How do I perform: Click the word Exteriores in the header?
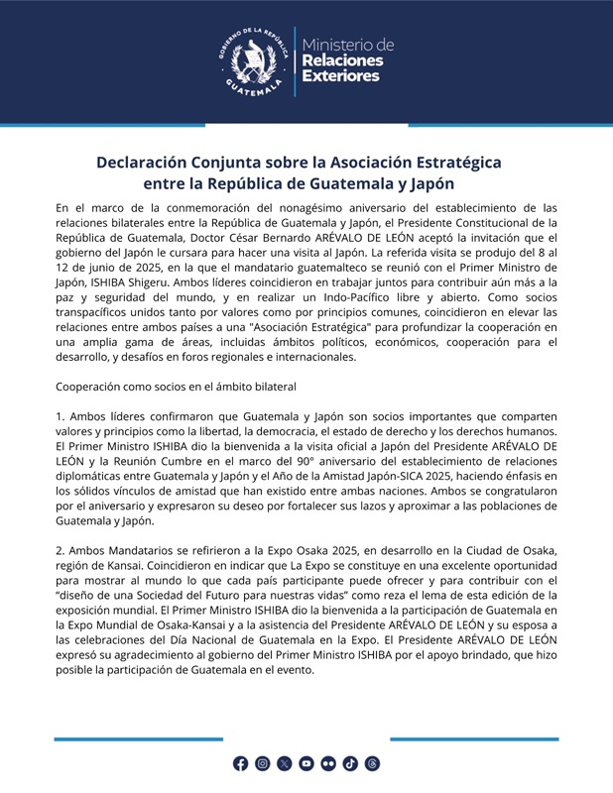pyautogui.click(x=340, y=76)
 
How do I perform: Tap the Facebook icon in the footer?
pyautogui.click(x=240, y=763)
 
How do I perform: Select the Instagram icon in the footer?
pyautogui.click(x=262, y=763)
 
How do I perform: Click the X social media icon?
pyautogui.click(x=284, y=763)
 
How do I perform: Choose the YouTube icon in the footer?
pyautogui.click(x=306, y=763)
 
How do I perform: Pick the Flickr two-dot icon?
pyautogui.click(x=327, y=763)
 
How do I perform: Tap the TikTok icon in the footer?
pyautogui.click(x=349, y=763)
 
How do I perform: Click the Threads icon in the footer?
pyautogui.click(x=372, y=763)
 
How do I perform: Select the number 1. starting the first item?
pyautogui.click(x=61, y=415)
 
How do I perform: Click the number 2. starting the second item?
pyautogui.click(x=61, y=550)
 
